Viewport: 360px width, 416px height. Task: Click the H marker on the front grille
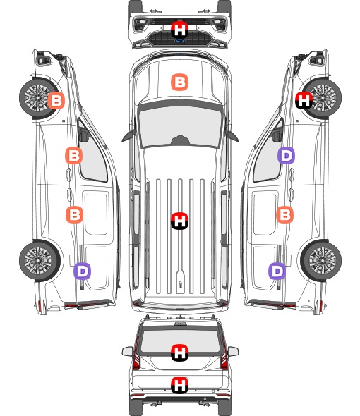(180, 30)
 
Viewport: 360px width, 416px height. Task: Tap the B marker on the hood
(180, 82)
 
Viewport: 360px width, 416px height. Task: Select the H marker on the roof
(180, 221)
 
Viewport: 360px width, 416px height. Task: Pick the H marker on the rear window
(180, 353)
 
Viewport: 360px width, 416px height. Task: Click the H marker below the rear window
(180, 385)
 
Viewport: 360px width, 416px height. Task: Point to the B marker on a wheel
(56, 100)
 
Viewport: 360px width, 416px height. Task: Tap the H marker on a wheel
(304, 100)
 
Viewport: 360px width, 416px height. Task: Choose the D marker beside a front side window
(286, 155)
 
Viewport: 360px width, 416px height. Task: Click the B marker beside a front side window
(74, 155)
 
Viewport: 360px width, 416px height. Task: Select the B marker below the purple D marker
(285, 214)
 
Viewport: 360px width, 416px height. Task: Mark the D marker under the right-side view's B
(277, 271)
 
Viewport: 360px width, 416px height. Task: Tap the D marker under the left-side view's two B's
(83, 271)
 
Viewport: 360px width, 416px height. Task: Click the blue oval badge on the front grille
(179, 41)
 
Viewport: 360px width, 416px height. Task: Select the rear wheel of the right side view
(321, 261)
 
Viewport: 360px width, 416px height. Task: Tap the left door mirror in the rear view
(128, 351)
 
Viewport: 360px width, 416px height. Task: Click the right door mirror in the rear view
(233, 351)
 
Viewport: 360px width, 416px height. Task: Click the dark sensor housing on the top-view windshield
(180, 140)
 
